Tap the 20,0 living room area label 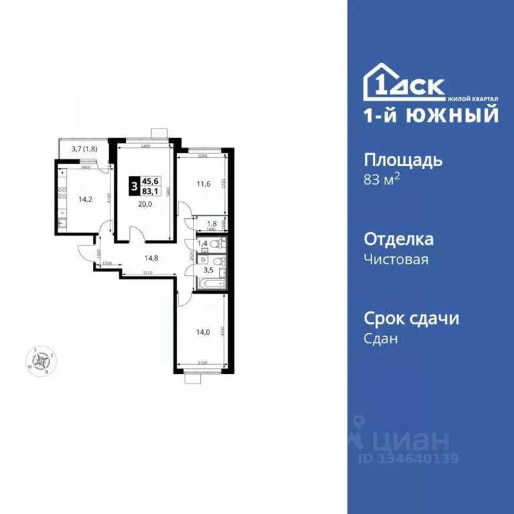point(143,204)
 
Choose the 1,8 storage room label point(211,224)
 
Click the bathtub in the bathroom point(209,284)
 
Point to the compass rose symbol point(43,361)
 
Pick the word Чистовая point(396,259)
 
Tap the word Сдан point(380,339)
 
